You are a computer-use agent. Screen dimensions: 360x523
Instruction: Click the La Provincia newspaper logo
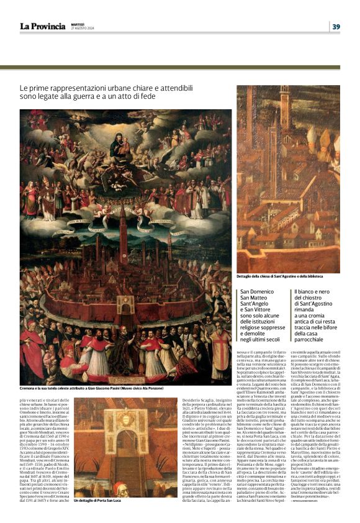point(42,26)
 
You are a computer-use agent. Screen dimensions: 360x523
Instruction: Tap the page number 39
point(336,26)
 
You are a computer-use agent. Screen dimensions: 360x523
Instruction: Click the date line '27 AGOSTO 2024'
point(82,29)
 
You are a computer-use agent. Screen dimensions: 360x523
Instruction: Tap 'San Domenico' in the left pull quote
point(258,291)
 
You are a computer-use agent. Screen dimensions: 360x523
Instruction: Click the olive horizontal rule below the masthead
point(180,67)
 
